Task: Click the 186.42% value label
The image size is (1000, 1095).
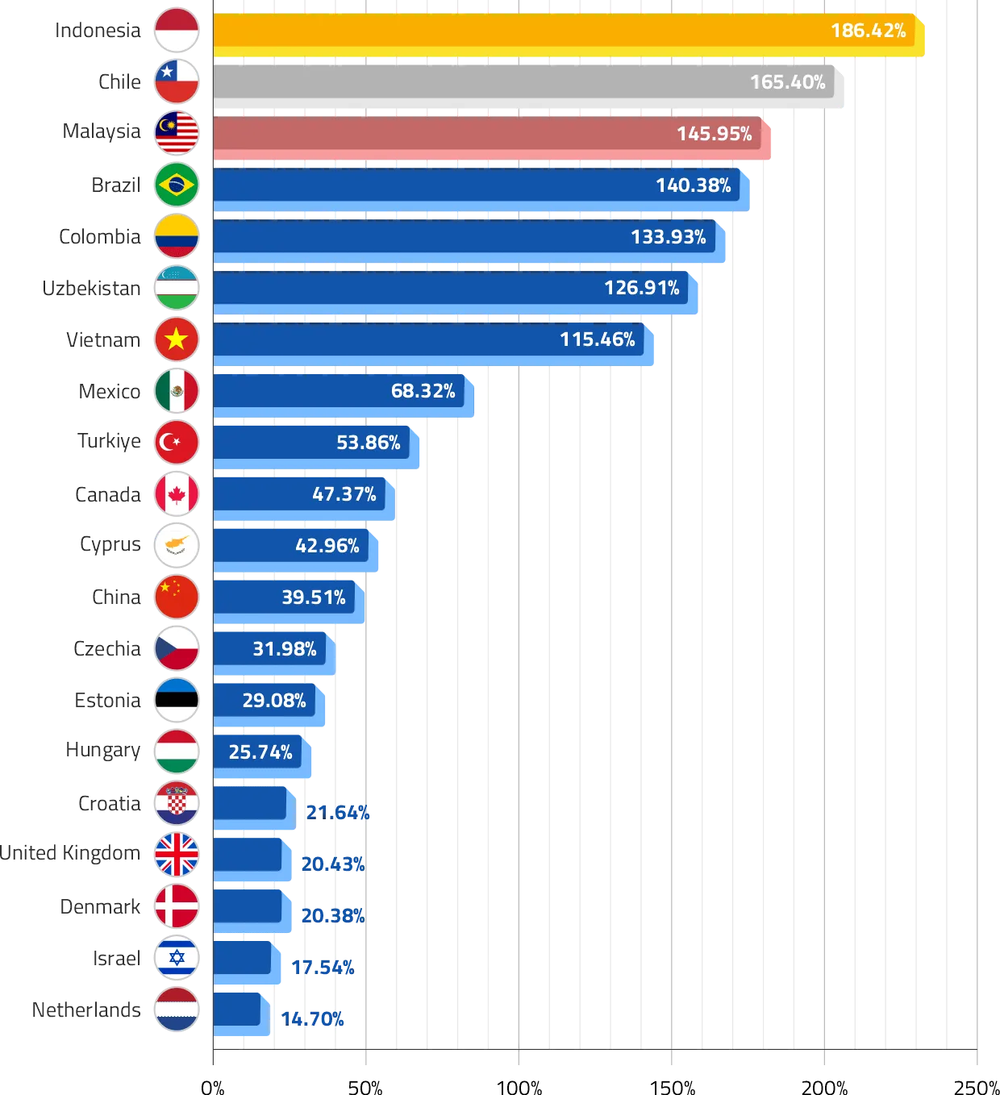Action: click(x=868, y=31)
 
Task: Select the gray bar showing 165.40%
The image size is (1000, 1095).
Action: click(x=524, y=82)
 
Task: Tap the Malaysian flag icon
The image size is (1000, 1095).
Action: click(x=177, y=133)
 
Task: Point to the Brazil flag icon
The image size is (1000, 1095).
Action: click(x=177, y=185)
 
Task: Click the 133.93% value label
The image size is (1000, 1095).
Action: click(x=668, y=236)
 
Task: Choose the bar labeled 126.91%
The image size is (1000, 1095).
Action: click(x=452, y=288)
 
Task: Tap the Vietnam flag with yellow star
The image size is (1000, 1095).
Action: click(x=177, y=339)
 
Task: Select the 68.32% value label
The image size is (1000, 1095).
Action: click(x=423, y=391)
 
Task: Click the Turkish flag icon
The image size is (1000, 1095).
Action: click(x=177, y=442)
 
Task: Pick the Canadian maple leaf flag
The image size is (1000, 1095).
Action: click(x=177, y=493)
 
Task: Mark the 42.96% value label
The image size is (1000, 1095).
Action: click(x=327, y=546)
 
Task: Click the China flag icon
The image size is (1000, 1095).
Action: click(x=177, y=597)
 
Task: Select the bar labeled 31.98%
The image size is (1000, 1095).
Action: click(x=270, y=649)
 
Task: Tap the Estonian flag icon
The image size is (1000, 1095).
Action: click(x=177, y=700)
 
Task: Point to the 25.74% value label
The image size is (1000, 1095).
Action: click(x=260, y=752)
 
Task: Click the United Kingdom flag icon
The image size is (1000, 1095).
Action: click(x=177, y=855)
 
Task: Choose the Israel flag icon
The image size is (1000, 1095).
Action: click(x=177, y=958)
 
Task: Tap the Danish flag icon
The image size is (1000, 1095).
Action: click(x=177, y=906)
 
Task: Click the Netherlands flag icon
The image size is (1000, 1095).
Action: click(x=177, y=1010)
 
